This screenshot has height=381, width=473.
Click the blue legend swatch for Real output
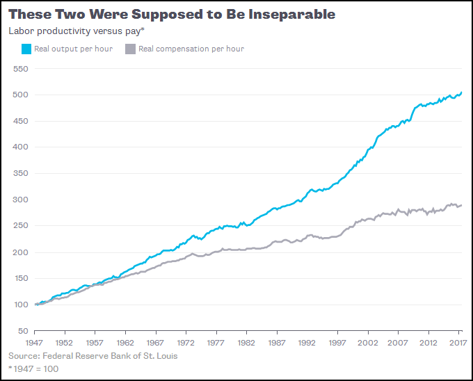click(26, 49)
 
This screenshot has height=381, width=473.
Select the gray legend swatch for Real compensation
click(130, 49)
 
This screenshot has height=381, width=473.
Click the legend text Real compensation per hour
click(191, 49)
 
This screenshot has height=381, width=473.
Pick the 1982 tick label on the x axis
click(246, 343)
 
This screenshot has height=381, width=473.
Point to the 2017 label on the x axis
click(456, 343)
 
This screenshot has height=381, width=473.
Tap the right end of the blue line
click(461, 92)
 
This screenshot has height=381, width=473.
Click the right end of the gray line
click(461, 205)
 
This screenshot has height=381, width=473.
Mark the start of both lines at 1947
click(35, 305)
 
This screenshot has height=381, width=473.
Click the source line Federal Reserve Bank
click(93, 356)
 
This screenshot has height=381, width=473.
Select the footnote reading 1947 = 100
click(33, 368)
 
